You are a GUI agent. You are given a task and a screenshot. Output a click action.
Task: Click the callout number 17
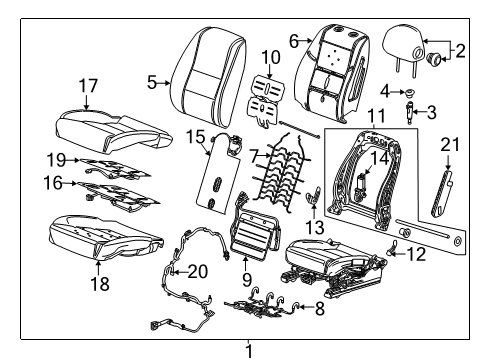(88, 87)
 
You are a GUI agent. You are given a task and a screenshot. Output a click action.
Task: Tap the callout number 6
(294, 40)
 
